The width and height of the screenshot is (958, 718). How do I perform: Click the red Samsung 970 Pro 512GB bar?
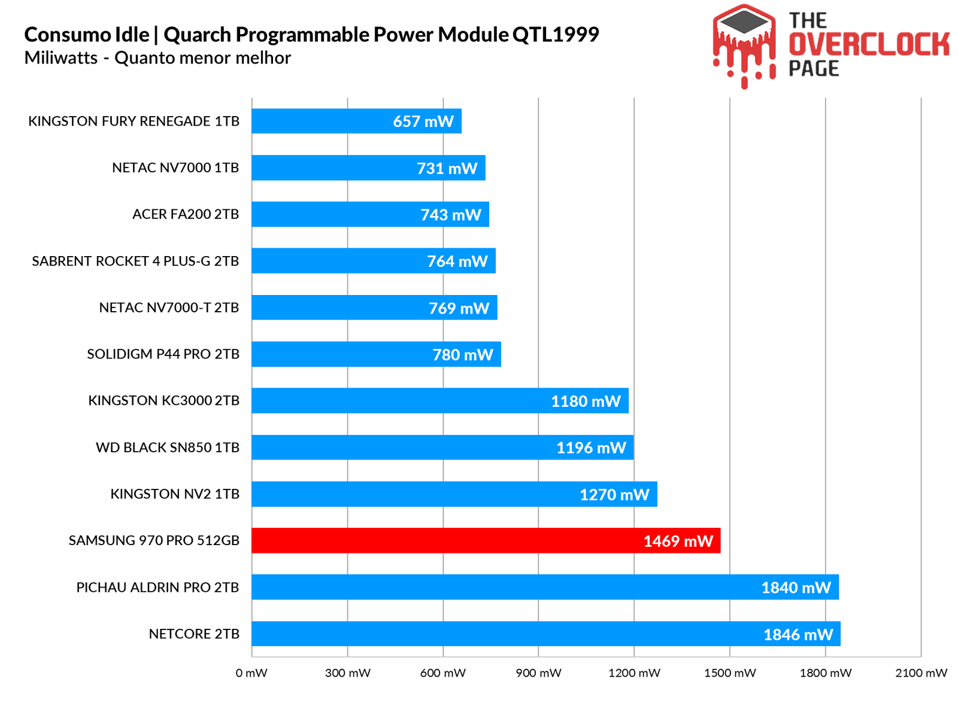tap(485, 540)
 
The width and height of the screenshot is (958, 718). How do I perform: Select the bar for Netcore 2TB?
tap(545, 634)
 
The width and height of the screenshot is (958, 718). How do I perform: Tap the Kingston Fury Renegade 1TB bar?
tap(356, 121)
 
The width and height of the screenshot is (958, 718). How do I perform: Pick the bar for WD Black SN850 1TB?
tap(442, 447)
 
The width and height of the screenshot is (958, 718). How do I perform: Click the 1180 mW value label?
tap(586, 401)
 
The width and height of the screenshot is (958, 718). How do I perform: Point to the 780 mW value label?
tap(463, 355)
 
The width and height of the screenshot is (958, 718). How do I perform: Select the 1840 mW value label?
tap(796, 588)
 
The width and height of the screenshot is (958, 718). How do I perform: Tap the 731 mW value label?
tap(447, 168)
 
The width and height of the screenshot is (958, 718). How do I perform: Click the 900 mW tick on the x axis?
tap(538, 673)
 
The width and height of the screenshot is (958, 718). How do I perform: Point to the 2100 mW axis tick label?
tap(921, 673)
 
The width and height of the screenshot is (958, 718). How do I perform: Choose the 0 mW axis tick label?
tap(251, 673)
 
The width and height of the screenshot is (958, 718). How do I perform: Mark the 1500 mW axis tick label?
tap(730, 673)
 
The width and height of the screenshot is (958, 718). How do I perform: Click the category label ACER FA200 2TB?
tap(186, 214)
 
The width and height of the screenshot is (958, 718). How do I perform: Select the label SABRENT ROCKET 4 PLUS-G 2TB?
tap(135, 261)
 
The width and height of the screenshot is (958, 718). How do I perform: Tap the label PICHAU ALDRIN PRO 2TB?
tap(157, 588)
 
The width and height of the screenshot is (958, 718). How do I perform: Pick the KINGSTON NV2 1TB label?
tap(175, 494)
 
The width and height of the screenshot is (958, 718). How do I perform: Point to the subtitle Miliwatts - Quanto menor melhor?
tap(157, 58)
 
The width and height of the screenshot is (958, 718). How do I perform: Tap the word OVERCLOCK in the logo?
tap(869, 45)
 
